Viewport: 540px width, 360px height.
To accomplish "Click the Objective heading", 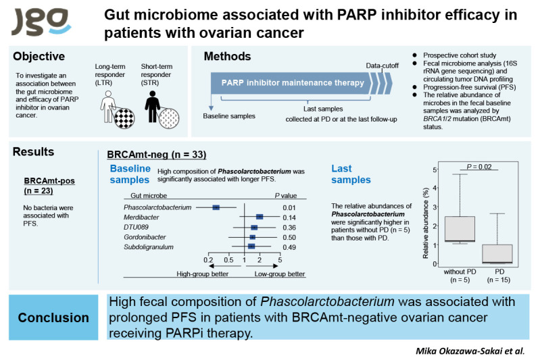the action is tap(39, 57).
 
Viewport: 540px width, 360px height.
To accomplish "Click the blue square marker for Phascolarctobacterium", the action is tap(216, 207).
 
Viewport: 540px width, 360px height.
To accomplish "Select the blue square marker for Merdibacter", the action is tap(260, 217).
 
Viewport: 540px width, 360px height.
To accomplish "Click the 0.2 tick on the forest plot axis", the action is tap(207, 259).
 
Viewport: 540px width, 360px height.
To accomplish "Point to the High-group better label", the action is tap(202, 274).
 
